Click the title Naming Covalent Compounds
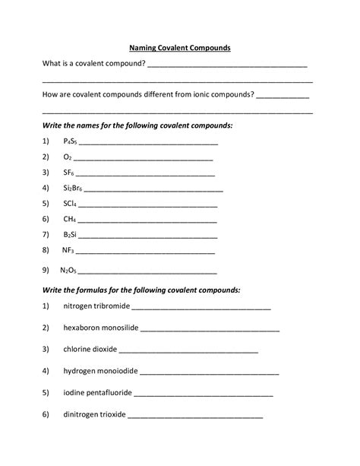point(179,47)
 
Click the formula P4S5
point(70,141)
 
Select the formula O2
point(68,157)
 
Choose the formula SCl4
point(70,204)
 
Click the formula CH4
point(69,219)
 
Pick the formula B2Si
point(70,234)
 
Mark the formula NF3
point(68,249)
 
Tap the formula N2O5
point(69,269)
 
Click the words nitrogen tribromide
point(96,306)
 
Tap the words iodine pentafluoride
point(97,393)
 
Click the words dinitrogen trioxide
point(95,415)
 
